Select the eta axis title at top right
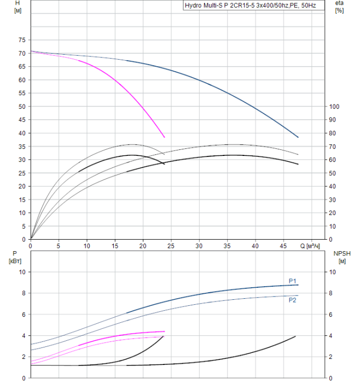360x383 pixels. click(339, 7)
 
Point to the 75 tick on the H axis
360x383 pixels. click(22, 40)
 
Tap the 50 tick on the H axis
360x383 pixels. click(22, 107)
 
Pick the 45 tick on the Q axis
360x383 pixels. click(283, 246)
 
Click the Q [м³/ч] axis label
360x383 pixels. click(310, 246)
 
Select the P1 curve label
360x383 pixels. click(293, 281)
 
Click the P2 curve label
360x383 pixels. click(293, 299)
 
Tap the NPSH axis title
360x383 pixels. click(341, 257)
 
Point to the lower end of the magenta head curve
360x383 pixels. click(164, 137)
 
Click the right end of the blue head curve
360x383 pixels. click(298, 137)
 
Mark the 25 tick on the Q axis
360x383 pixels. click(171, 246)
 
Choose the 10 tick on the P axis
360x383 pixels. click(22, 272)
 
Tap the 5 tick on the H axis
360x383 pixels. click(24, 226)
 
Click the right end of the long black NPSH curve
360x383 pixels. click(295, 336)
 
